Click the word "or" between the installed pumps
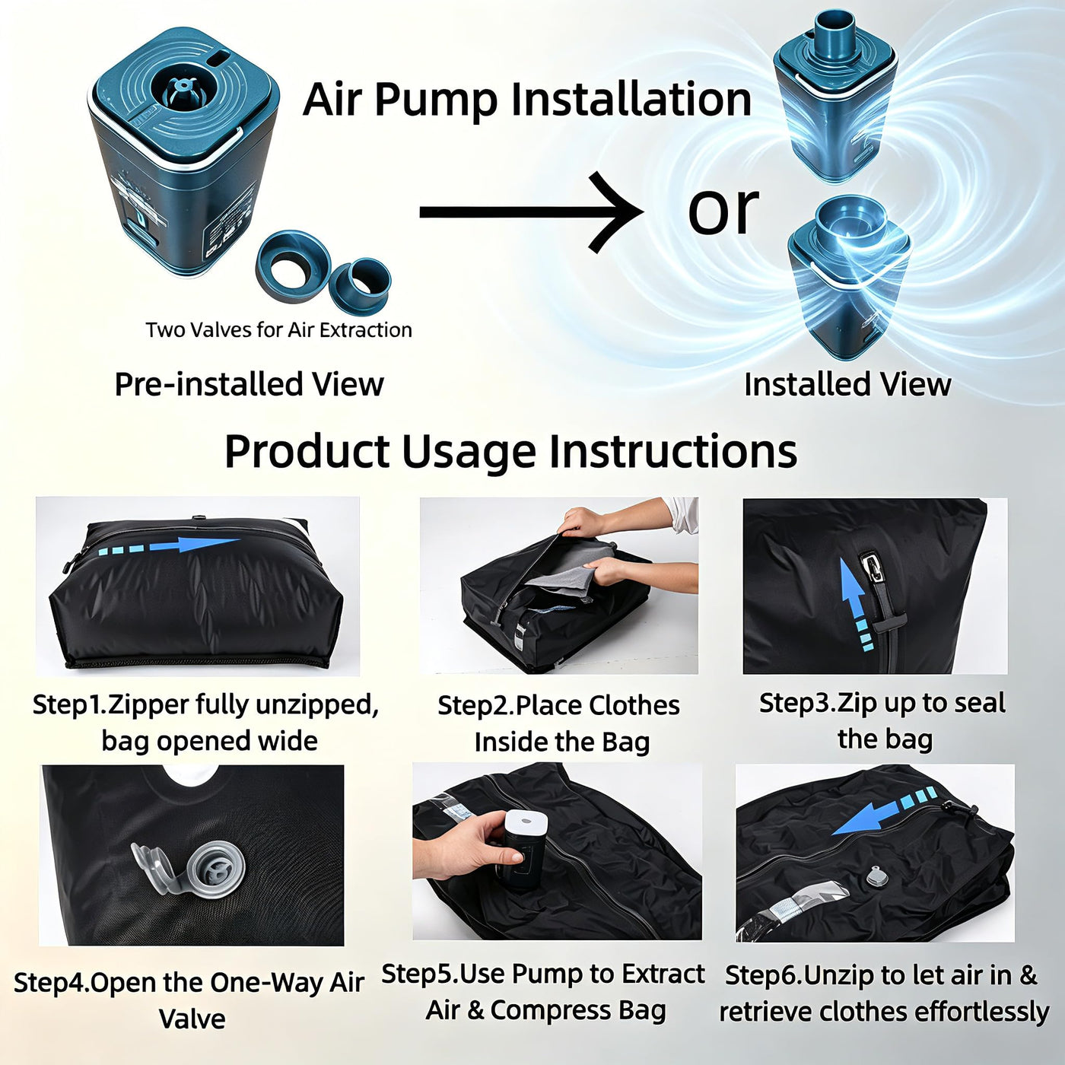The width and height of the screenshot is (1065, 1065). (723, 211)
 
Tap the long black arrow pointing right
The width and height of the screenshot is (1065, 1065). (531, 212)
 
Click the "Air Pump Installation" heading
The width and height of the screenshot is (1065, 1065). (527, 100)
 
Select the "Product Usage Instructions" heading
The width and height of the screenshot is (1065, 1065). (510, 452)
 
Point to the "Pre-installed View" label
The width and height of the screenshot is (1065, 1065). (250, 384)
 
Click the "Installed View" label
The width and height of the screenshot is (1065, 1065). (847, 384)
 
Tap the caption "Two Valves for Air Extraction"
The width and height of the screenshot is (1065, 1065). (278, 330)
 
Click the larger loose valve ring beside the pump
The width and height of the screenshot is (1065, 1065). (293, 265)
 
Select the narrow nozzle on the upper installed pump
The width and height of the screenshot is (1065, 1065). (836, 37)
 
